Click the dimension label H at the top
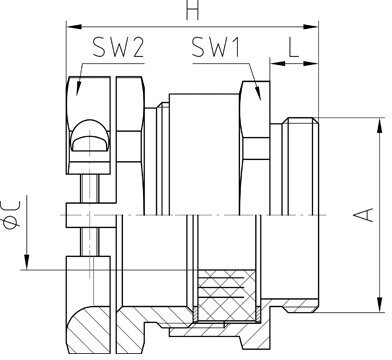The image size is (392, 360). point(193,9)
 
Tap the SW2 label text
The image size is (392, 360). point(118,47)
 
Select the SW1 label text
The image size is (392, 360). point(216,47)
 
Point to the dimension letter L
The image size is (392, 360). point(294,47)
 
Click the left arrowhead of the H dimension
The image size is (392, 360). point(74,27)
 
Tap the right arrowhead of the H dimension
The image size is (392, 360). point(310,27)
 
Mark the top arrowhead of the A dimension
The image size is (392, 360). point(380,126)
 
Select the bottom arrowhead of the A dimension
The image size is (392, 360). point(380,304)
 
